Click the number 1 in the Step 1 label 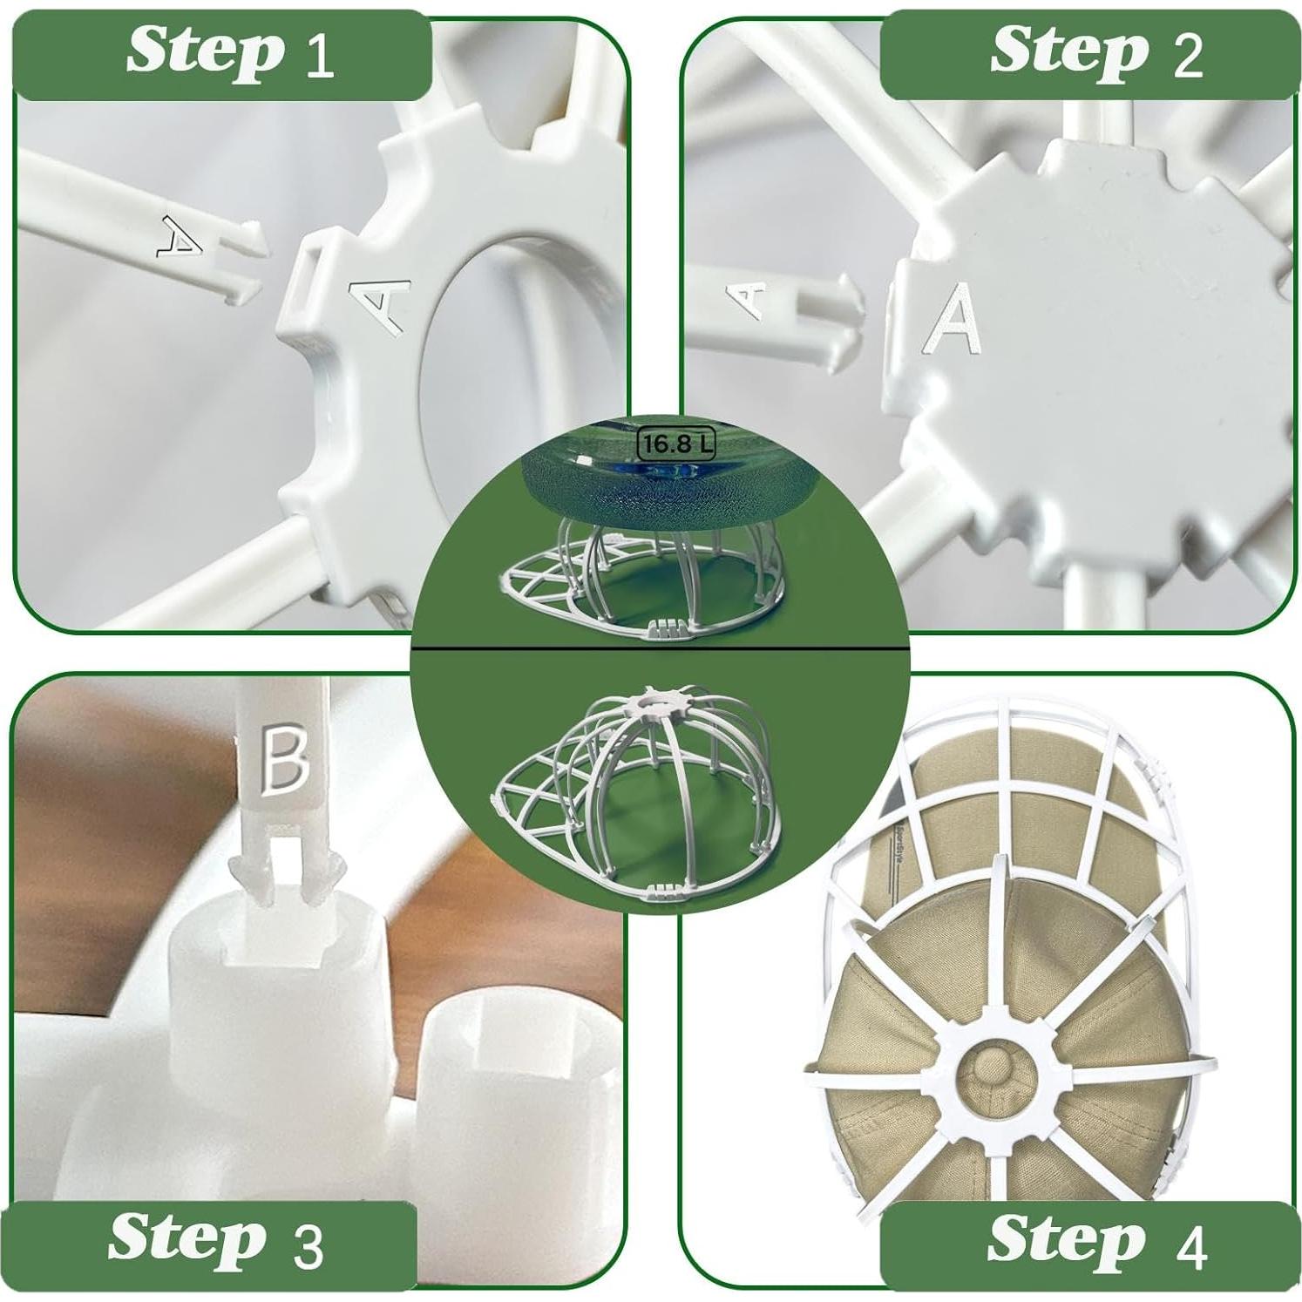coord(320,56)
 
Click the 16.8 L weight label coord(676,444)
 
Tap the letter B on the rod coord(284,760)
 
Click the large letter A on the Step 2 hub coord(954,318)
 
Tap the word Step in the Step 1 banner coord(205,51)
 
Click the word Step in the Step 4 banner coord(1066,1238)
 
